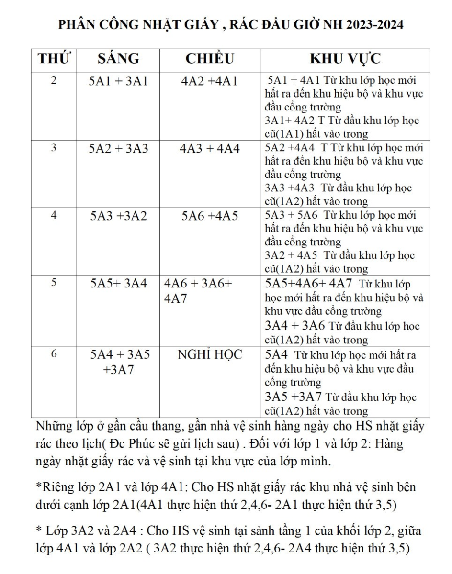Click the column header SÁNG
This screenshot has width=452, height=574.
pyautogui.click(x=118, y=59)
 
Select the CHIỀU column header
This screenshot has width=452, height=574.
pyautogui.click(x=210, y=59)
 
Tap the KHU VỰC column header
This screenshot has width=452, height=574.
pyautogui.click(x=345, y=59)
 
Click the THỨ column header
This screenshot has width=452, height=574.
pyautogui.click(x=54, y=59)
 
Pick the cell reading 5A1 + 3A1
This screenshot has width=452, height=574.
pyautogui.click(x=118, y=82)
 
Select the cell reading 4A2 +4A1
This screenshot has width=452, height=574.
pyautogui.click(x=210, y=82)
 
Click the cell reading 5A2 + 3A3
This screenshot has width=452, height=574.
pyautogui.click(x=118, y=149)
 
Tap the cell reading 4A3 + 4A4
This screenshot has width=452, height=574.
pyautogui.click(x=210, y=149)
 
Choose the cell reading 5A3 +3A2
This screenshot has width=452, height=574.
pyautogui.click(x=118, y=216)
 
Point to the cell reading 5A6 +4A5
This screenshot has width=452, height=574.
pyautogui.click(x=210, y=216)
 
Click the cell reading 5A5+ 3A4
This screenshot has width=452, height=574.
pyautogui.click(x=118, y=284)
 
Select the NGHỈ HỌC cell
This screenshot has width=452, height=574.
pyautogui.click(x=210, y=355)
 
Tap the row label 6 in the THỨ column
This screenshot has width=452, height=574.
pyautogui.click(x=54, y=354)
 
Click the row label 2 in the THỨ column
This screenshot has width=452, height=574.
pyautogui.click(x=54, y=81)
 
